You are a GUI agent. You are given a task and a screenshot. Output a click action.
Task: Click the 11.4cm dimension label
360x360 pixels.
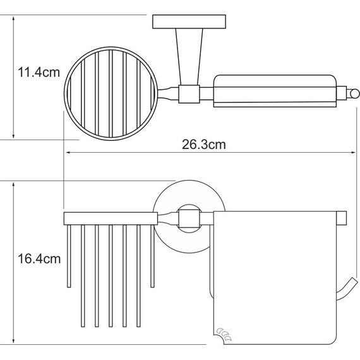[39, 73]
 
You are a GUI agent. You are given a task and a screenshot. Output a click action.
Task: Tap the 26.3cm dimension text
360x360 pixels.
[204, 145]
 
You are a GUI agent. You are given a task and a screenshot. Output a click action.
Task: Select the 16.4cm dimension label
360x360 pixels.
[39, 259]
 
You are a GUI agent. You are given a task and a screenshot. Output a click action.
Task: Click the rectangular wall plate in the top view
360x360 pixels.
[189, 22]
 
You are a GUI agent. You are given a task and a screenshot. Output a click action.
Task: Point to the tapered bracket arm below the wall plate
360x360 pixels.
[189, 57]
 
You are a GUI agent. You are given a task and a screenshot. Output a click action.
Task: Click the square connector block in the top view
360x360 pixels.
[189, 94]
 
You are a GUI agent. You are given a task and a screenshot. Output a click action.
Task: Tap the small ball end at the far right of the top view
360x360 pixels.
[355, 94]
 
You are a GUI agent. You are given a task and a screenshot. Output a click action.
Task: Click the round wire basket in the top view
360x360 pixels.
[111, 93]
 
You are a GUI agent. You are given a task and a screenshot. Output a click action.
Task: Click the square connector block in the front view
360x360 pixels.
[189, 219]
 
